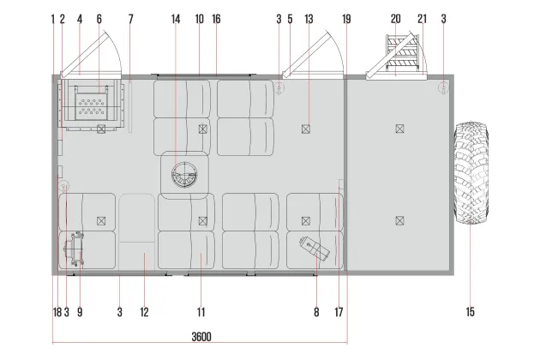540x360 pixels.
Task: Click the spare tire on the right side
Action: (471, 172)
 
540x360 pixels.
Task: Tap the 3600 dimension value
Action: (201, 337)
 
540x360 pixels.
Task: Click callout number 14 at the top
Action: (176, 19)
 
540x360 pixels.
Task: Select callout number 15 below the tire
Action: (470, 312)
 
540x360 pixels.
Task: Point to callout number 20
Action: (396, 19)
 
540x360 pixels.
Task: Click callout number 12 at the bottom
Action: (144, 312)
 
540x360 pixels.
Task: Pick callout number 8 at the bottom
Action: (316, 312)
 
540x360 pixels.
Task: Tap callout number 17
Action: (339, 312)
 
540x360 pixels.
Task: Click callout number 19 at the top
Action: (346, 19)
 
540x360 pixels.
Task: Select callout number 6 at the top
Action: (99, 19)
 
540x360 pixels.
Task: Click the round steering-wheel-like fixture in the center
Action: (184, 175)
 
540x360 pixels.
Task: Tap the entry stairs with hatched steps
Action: (403, 51)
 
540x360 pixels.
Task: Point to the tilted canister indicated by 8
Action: (315, 248)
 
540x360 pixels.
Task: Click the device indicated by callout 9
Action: (75, 249)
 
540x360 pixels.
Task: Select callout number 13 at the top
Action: (309, 19)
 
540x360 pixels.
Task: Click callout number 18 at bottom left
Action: (57, 312)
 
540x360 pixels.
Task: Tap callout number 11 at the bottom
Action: (201, 312)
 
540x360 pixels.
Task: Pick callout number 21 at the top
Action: (423, 19)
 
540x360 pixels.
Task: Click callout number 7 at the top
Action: (131, 19)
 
